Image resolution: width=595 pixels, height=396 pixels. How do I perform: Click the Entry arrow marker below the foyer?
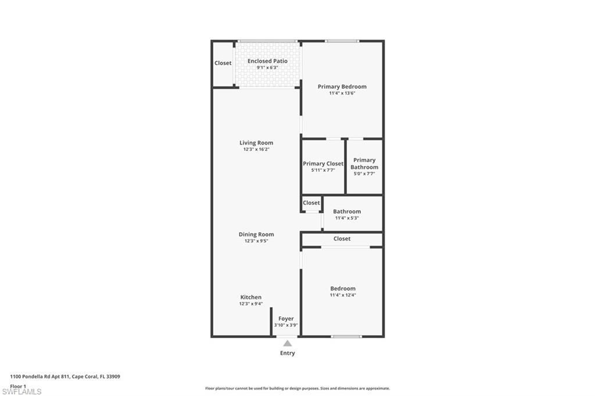tap(288, 344)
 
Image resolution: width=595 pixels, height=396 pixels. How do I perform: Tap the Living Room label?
tap(256, 143)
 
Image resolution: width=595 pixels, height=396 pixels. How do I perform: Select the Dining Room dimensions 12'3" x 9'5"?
tap(256, 241)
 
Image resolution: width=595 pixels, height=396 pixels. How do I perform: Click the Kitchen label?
tap(251, 297)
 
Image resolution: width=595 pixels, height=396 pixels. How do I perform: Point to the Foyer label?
tap(286, 319)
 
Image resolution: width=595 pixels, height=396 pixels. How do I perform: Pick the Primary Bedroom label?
tap(342, 87)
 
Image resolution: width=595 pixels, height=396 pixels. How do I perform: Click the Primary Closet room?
tap(323, 167)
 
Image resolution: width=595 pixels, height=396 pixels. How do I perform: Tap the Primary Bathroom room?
tap(364, 167)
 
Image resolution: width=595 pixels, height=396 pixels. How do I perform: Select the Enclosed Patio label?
tap(267, 61)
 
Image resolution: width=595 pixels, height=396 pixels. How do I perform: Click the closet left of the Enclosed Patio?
tap(223, 63)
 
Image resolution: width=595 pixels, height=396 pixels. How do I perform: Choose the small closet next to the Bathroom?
tap(311, 203)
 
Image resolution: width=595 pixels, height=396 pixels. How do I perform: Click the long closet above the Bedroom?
tap(342, 239)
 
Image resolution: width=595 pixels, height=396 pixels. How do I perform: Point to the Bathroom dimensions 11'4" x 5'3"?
tap(347, 218)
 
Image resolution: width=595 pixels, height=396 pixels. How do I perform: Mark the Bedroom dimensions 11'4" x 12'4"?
tap(343, 295)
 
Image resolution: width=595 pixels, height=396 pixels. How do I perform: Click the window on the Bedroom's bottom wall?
tap(346, 336)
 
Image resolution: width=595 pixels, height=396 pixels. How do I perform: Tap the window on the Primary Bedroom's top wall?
tap(342, 41)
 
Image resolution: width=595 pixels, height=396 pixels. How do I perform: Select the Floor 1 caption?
tap(19, 386)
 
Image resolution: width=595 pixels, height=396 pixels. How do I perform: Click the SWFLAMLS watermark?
tap(21, 392)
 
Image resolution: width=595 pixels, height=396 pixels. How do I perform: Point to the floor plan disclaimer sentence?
tap(297, 388)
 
